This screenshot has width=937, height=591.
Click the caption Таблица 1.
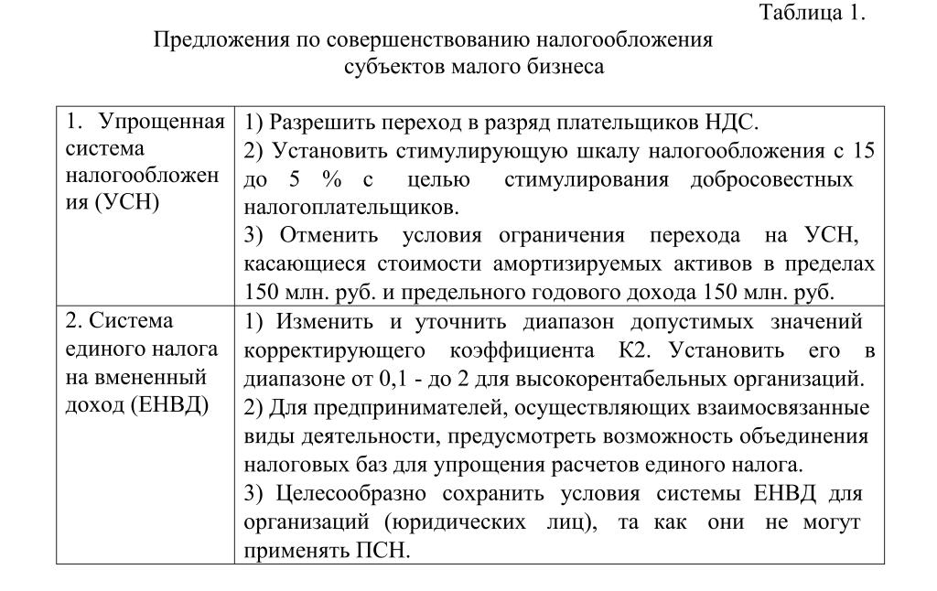pos(812,13)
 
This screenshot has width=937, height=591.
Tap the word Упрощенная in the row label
pos(161,122)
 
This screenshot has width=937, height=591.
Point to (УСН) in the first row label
pos(127,202)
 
